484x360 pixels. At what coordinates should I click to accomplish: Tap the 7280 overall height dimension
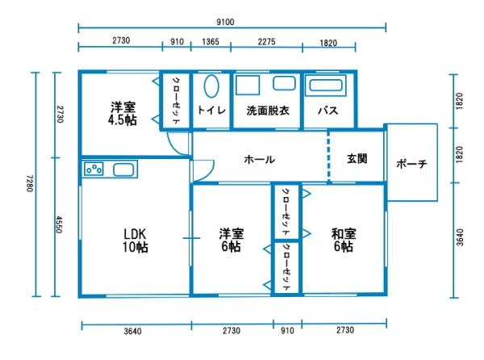[29, 184]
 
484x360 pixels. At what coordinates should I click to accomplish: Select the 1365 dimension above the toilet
[211, 42]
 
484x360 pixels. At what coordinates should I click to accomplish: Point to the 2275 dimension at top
[265, 42]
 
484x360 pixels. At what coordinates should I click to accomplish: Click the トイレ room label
[211, 110]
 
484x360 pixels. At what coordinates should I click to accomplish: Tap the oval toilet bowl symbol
[211, 87]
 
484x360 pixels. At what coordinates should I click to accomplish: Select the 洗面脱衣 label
[265, 110]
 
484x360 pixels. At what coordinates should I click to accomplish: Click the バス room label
[327, 110]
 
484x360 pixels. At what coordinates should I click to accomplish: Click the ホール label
[259, 159]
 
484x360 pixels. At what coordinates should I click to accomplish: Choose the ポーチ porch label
[411, 165]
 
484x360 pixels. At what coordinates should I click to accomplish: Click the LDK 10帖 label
[135, 241]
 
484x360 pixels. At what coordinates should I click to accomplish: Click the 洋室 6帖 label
[231, 241]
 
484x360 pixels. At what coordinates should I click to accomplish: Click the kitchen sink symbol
[123, 170]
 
